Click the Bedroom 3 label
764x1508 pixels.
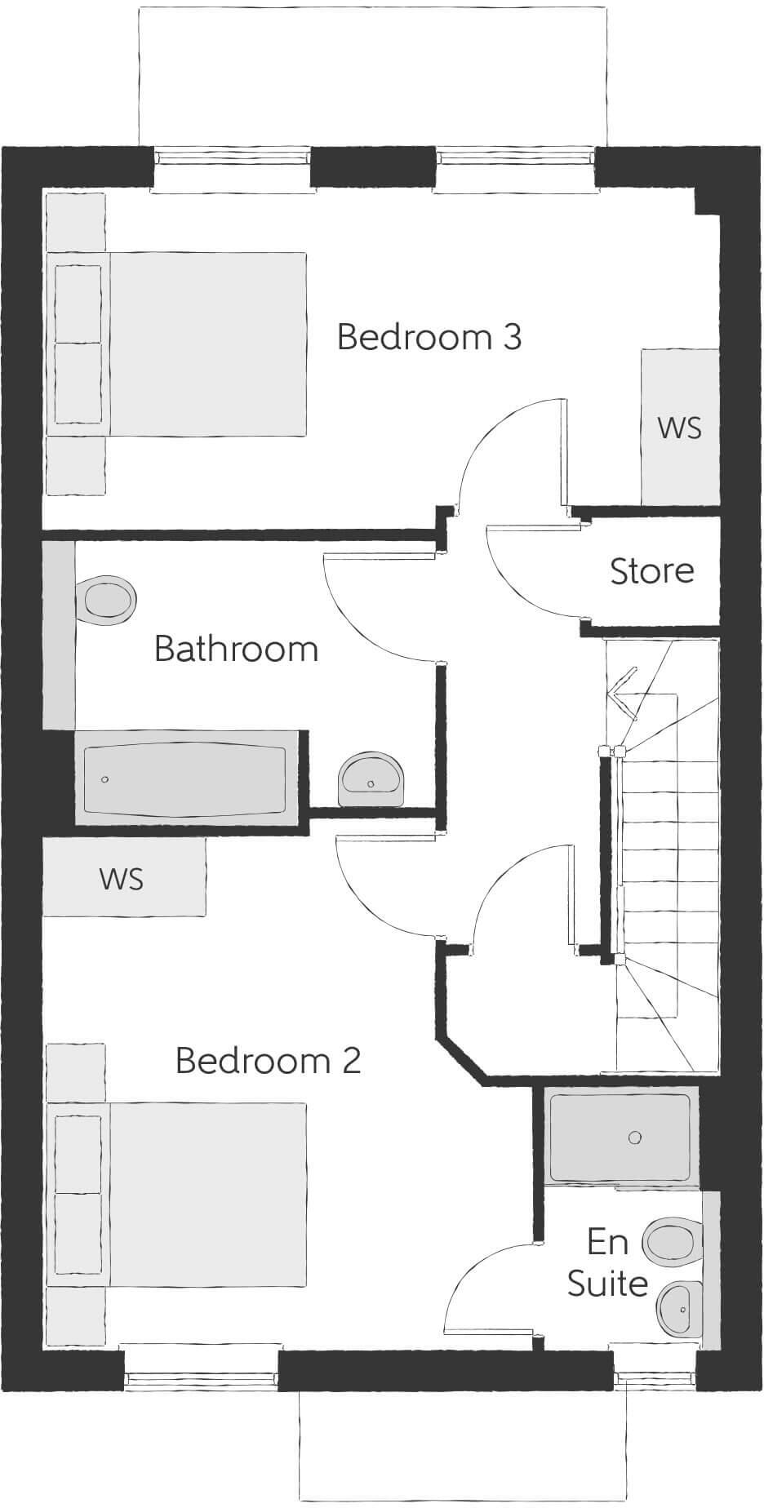click(x=429, y=337)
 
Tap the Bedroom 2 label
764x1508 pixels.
click(x=268, y=1060)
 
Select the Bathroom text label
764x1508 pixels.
click(x=236, y=649)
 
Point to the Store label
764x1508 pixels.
click(x=652, y=571)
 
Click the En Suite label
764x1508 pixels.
click(x=608, y=1262)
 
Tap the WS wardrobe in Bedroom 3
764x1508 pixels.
click(x=679, y=427)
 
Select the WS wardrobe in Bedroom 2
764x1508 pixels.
click(x=122, y=878)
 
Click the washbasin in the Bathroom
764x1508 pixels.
click(x=371, y=778)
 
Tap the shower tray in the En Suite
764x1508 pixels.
click(x=620, y=1138)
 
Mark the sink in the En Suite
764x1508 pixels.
click(x=680, y=1309)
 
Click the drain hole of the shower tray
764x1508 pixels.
click(x=635, y=1138)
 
